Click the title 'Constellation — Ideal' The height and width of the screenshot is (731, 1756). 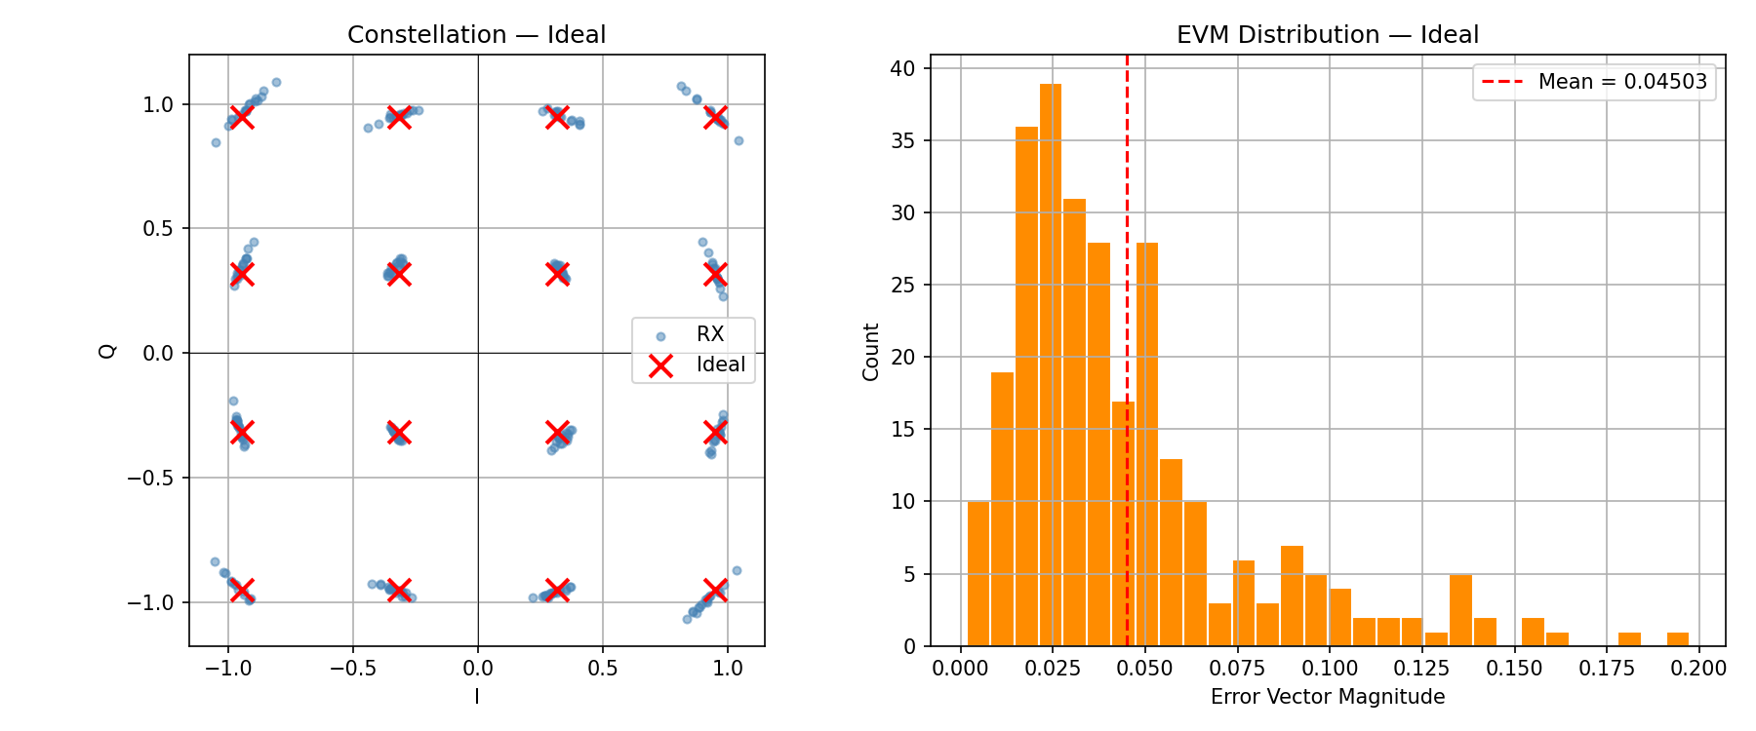476,35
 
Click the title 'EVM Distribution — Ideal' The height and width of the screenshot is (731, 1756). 1327,35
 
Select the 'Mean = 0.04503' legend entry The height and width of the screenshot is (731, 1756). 1594,82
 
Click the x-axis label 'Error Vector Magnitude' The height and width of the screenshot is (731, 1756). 1327,697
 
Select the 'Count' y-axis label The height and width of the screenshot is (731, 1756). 871,352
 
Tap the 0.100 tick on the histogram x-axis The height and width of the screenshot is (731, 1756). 1330,669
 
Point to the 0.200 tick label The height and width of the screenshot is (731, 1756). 1698,669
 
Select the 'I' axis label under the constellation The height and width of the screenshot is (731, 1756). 477,697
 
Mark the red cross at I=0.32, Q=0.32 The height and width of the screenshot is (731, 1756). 557,274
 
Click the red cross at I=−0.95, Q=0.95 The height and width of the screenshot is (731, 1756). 242,116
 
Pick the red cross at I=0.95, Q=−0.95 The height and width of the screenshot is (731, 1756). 715,590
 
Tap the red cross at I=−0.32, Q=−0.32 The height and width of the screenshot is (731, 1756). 398,432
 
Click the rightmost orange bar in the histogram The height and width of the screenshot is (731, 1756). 1678,639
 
